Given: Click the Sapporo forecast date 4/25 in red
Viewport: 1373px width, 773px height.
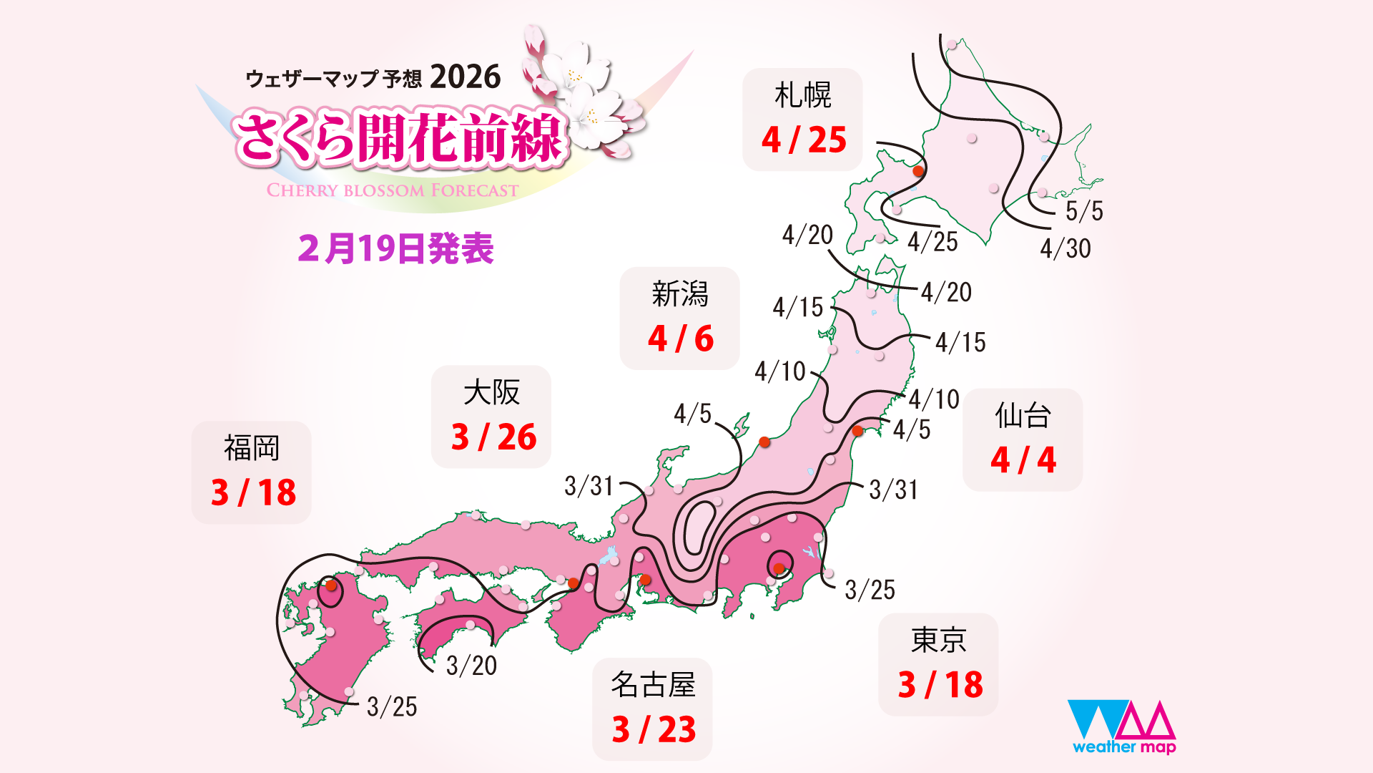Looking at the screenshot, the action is [x=804, y=140].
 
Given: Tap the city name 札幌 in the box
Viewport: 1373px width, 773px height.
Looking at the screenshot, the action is [x=802, y=95].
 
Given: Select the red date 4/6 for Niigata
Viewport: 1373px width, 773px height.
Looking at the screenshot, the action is [x=681, y=339].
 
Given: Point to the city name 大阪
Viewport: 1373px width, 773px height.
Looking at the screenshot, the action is [x=491, y=392].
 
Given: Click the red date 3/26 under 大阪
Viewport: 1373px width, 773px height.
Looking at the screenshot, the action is [x=493, y=437].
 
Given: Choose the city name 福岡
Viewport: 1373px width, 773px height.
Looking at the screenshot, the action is [x=252, y=448].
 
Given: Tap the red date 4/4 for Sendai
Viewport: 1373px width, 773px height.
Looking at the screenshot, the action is [x=1023, y=460].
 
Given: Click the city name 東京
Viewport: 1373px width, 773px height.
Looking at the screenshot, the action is [x=938, y=640].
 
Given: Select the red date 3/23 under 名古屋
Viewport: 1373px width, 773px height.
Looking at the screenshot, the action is [x=654, y=730].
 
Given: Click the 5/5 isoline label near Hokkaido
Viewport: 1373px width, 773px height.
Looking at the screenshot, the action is [x=1084, y=211].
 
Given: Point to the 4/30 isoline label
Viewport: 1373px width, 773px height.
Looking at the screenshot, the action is [x=1066, y=248].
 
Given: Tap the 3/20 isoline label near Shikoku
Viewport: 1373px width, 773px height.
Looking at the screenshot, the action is [x=471, y=666].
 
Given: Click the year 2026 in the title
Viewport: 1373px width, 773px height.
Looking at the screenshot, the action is [x=466, y=77].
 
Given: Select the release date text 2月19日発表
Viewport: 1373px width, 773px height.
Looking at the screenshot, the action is [x=395, y=249].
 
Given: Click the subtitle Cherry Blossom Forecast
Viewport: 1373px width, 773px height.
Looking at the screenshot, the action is [x=392, y=190].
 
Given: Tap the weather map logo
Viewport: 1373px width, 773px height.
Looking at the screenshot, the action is [x=1121, y=726].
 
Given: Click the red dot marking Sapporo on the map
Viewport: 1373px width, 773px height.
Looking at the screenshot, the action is [x=919, y=171].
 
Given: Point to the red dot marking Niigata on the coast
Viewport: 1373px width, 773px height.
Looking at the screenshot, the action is [x=764, y=442].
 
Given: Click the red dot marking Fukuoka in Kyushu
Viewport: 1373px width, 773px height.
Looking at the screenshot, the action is [x=331, y=585].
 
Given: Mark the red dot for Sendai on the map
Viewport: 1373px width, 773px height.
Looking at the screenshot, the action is [x=857, y=431].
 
